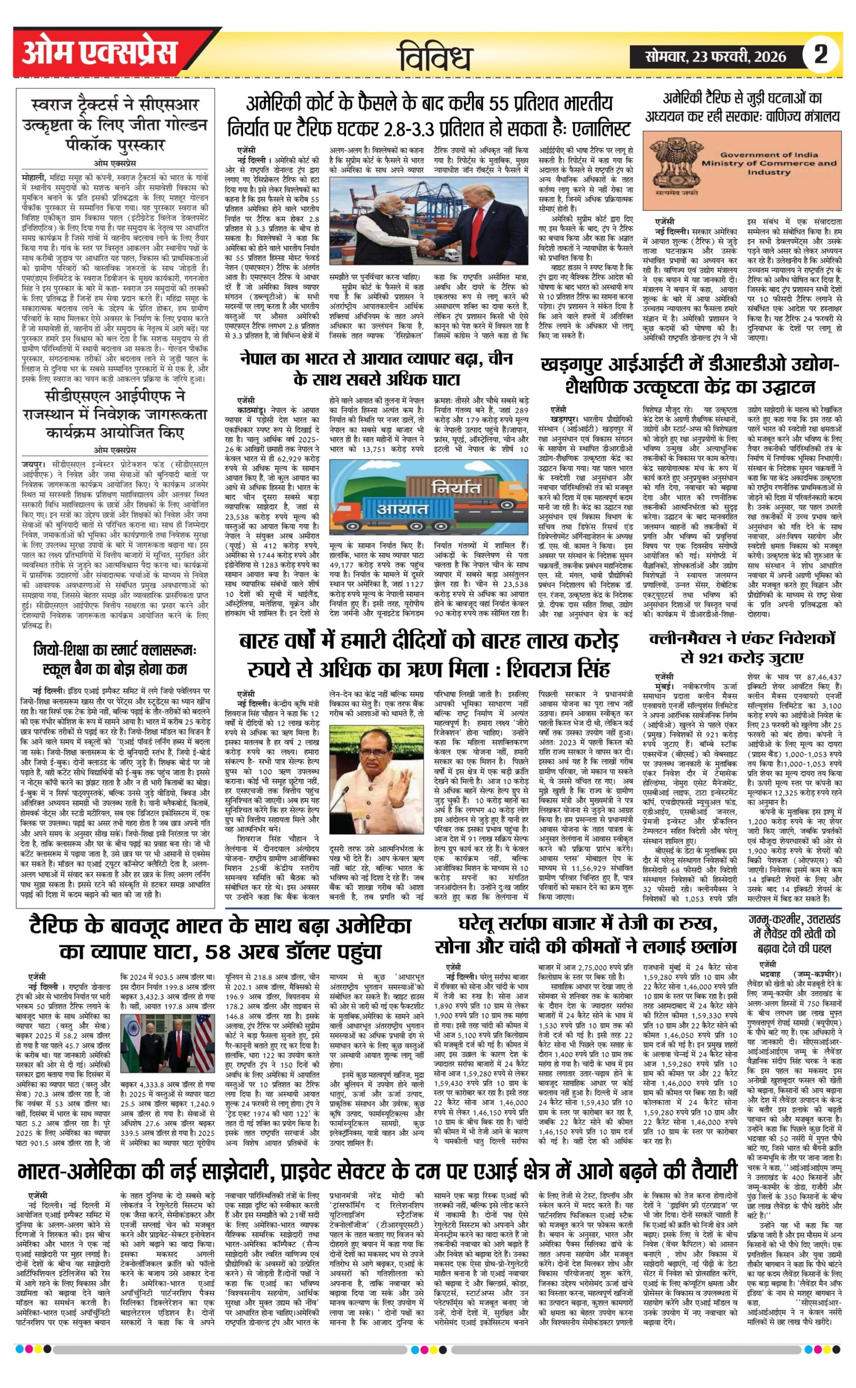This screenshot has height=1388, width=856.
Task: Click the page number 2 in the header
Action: (x=820, y=54)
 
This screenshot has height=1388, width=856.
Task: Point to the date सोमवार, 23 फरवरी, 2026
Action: (x=716, y=56)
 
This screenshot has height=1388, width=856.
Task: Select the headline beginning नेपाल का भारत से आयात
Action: (x=376, y=368)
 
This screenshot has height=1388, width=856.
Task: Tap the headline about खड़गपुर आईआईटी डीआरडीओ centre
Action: (x=690, y=375)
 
